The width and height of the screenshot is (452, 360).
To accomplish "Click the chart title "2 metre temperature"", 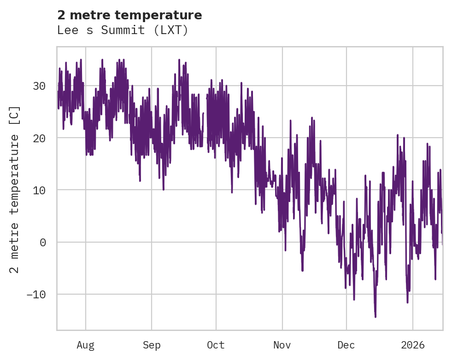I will pyautogui.click(x=129, y=15).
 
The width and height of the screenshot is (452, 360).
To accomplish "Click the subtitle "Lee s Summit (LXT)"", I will pyautogui.click(x=123, y=30).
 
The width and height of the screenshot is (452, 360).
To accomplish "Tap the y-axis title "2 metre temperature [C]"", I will pyautogui.click(x=15, y=189).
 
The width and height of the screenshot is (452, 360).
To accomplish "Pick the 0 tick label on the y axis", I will pyautogui.click(x=43, y=242).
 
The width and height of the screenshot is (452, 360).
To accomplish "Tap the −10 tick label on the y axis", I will pyautogui.click(x=35, y=294).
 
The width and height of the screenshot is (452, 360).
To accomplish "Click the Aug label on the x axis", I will pyautogui.click(x=85, y=345).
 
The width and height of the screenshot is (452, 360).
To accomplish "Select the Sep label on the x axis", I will pyautogui.click(x=152, y=345).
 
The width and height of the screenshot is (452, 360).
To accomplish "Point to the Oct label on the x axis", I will pyautogui.click(x=216, y=345).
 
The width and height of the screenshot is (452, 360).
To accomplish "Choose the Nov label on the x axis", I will pyautogui.click(x=282, y=345).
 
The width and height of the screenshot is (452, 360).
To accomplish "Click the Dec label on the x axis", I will pyautogui.click(x=346, y=345).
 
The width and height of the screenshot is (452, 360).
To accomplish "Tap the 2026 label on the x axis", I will pyautogui.click(x=412, y=345).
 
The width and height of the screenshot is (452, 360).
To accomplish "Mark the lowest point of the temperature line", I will pyautogui.click(x=376, y=317).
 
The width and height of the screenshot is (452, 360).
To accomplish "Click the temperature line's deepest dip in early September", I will pyautogui.click(x=163, y=189).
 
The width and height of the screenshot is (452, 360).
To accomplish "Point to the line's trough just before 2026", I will pyautogui.click(x=407, y=302).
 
